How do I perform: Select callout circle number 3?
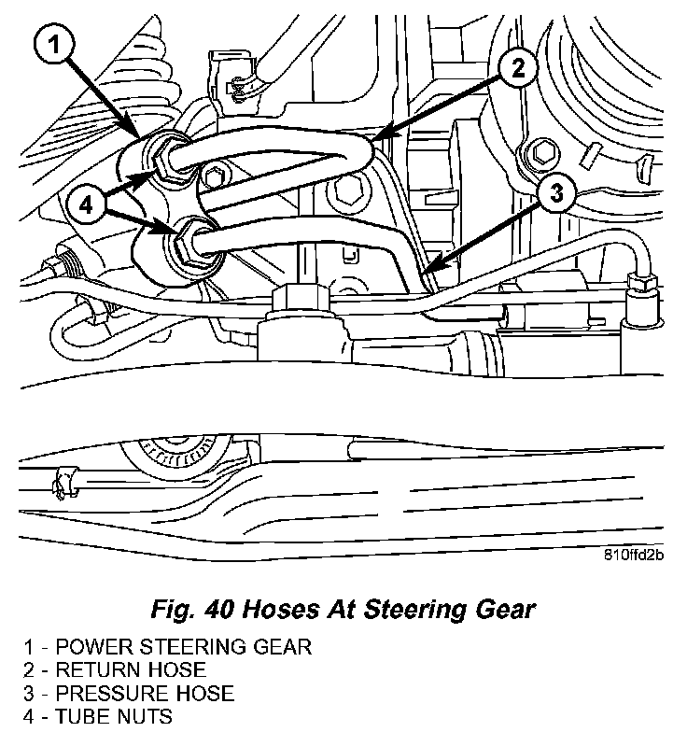554,194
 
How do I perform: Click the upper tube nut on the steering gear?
172,158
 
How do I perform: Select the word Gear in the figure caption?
506,611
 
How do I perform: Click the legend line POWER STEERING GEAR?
169,647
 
